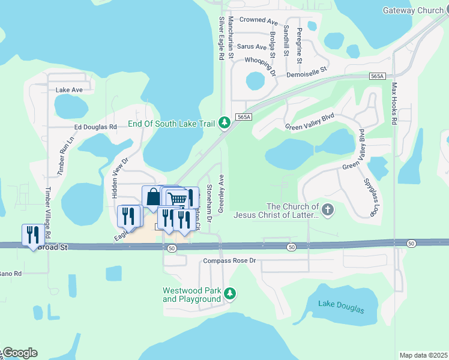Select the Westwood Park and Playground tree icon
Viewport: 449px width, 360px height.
tap(231, 293)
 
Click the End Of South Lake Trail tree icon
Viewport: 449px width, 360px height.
tap(224, 123)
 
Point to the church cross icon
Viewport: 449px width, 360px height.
tap(327, 210)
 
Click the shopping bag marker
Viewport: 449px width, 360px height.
tap(153, 196)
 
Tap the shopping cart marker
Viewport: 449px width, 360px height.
tap(177, 198)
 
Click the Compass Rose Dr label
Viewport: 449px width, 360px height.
tap(229, 260)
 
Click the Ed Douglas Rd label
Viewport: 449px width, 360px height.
tap(95, 127)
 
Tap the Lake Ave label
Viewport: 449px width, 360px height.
tap(68, 90)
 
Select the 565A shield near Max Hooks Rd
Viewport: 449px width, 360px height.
tap(377, 76)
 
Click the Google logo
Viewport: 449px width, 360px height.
tap(20, 353)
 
